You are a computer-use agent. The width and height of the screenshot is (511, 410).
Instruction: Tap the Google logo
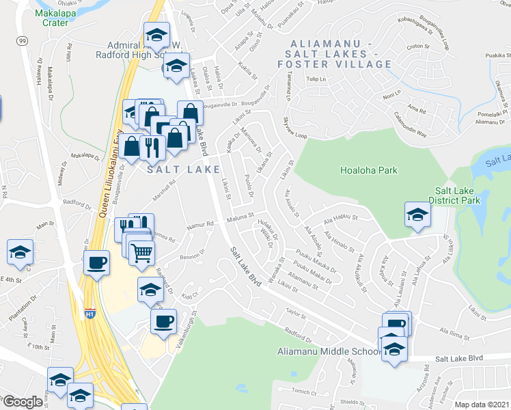click(23, 402)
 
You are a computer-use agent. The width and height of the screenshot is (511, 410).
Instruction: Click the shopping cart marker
click(141, 254)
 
